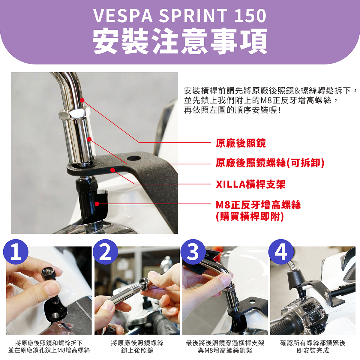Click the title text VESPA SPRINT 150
[x=179, y=16]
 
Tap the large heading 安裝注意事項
[x=180, y=41]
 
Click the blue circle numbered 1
[x=16, y=252]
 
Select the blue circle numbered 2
[x=105, y=252]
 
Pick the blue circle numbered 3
[x=193, y=252]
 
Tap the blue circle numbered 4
[x=281, y=252]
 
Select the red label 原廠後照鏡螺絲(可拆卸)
[x=270, y=163]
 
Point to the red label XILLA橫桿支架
[x=251, y=184]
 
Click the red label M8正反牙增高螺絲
[x=258, y=205]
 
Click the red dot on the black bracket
[x=112, y=170]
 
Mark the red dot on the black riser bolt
[x=97, y=204]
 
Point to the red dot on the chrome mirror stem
[x=82, y=100]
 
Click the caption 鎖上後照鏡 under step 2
[x=137, y=350]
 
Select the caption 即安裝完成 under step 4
[x=313, y=350]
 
